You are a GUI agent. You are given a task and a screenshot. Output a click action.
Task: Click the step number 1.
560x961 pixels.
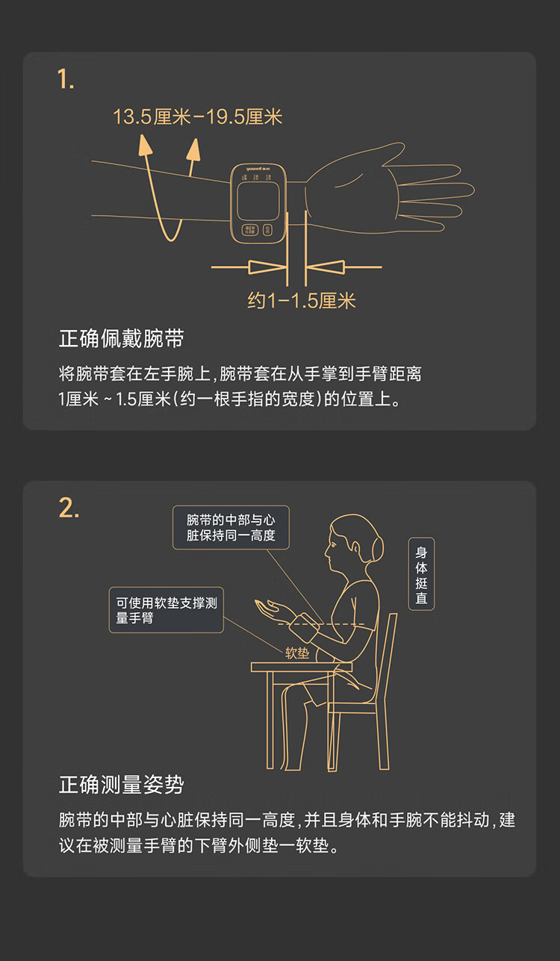(65, 79)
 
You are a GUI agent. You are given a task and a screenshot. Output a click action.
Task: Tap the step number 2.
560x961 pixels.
(69, 508)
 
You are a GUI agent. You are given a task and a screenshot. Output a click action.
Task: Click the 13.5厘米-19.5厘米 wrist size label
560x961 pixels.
(197, 116)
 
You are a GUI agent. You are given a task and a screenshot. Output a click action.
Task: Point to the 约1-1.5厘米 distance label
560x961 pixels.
(301, 300)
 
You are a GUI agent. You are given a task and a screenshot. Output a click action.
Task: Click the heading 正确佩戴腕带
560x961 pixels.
(122, 338)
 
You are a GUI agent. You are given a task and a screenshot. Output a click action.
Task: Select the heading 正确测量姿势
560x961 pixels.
(122, 785)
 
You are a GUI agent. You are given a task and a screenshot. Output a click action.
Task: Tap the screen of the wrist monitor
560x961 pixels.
(258, 201)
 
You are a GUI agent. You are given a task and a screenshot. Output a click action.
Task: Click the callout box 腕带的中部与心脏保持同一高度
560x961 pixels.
(231, 528)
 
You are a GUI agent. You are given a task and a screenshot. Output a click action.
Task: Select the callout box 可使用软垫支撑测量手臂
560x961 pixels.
(166, 610)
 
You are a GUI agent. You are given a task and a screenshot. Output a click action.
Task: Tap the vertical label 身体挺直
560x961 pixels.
(421, 573)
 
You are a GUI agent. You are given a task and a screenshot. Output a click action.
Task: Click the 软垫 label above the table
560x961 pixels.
(297, 653)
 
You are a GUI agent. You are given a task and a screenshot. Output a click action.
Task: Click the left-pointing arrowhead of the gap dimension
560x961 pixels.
(326, 267)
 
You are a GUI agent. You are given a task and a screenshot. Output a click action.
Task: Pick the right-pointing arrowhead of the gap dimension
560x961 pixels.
(267, 267)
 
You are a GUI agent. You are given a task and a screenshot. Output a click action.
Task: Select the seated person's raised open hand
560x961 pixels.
(270, 609)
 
